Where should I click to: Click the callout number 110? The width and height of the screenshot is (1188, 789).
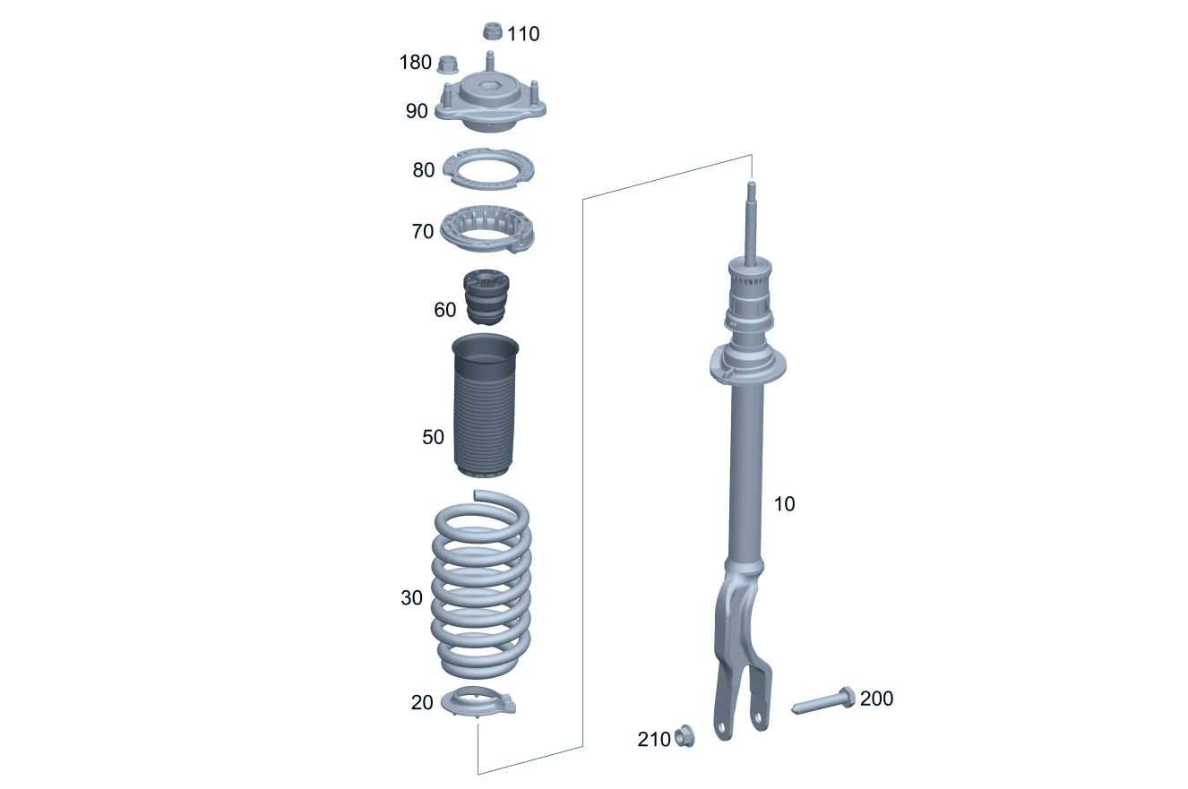pos(523,34)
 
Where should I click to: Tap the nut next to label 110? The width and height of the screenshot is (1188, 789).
pos(493,31)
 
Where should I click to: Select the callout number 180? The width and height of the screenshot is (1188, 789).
pos(416,63)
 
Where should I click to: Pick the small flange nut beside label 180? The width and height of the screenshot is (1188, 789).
pos(448,64)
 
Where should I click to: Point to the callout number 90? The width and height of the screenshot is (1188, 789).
pos(417,111)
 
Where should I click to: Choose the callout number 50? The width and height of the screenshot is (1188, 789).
pos(433,437)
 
